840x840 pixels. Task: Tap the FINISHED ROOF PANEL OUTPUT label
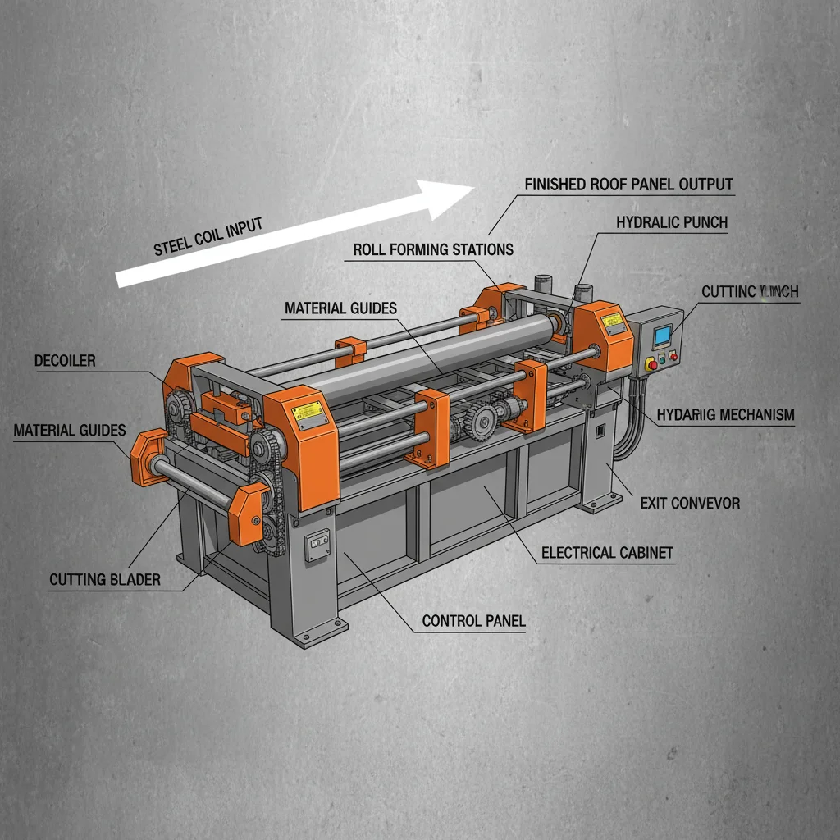pyautogui.click(x=628, y=184)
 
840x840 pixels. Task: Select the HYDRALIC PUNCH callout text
pyautogui.click(x=671, y=222)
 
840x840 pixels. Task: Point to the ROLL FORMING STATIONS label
pyautogui.click(x=433, y=249)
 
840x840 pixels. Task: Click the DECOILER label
pyautogui.click(x=65, y=361)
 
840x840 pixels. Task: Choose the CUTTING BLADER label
pyautogui.click(x=105, y=580)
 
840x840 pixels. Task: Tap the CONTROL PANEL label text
pyautogui.click(x=473, y=621)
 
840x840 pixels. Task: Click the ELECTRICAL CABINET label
pyautogui.click(x=607, y=553)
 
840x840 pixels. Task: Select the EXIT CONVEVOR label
pyautogui.click(x=690, y=502)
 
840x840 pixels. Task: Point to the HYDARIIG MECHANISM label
pyautogui.click(x=725, y=415)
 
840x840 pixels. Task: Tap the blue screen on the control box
pyautogui.click(x=661, y=334)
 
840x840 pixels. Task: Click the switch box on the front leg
pyautogui.click(x=317, y=545)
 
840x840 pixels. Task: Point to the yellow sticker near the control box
pyautogui.click(x=611, y=321)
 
